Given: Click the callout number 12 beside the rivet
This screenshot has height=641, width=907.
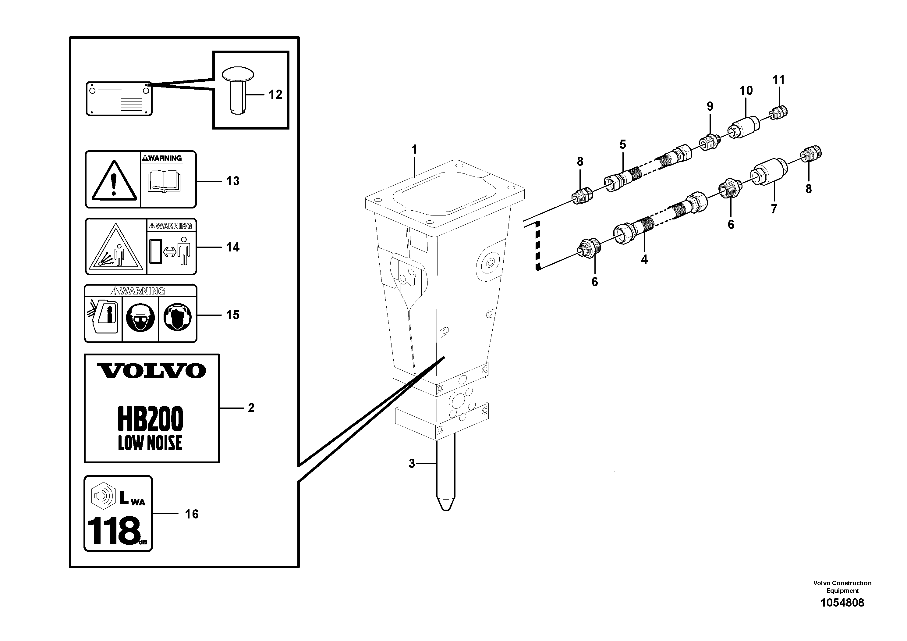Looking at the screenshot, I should tap(275, 94).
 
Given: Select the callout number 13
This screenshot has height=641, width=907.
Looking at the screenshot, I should tap(233, 181).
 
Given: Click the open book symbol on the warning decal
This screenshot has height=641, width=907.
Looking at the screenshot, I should tap(164, 181).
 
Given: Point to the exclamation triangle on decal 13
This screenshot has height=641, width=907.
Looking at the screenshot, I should tap(114, 181).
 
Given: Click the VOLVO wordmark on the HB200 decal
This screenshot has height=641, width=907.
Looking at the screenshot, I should tap(152, 371).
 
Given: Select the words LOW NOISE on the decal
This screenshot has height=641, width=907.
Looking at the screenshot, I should tap(150, 443).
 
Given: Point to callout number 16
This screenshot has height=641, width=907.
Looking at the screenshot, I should tap(192, 514).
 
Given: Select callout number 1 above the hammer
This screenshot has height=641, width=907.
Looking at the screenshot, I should tap(414, 150).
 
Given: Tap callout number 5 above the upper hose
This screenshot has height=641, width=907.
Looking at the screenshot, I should tap(622, 145).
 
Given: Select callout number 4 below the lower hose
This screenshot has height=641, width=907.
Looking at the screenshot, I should tap(644, 260).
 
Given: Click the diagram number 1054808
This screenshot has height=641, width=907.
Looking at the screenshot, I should tap(842, 603).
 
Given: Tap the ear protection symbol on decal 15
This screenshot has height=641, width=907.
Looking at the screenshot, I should tap(177, 317).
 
